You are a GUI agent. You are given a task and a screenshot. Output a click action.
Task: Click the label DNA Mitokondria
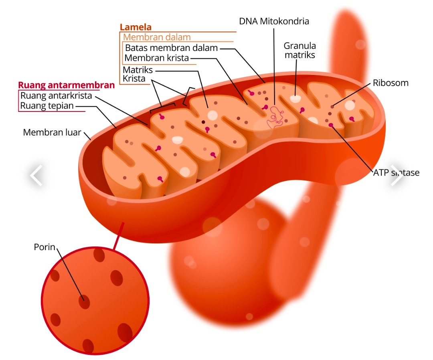click(x=274, y=21)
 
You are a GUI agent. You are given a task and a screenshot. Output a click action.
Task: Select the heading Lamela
click(x=136, y=28)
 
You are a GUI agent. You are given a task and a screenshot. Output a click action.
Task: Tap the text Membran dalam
click(x=157, y=37)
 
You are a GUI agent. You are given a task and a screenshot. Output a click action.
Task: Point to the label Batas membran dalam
click(x=171, y=48)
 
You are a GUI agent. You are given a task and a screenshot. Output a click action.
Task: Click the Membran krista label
click(x=156, y=58)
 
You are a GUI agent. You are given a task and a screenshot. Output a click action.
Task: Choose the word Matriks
click(x=138, y=70)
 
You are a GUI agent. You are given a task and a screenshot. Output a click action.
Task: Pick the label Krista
click(x=134, y=79)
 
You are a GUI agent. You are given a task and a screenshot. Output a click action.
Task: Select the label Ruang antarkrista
click(x=57, y=96)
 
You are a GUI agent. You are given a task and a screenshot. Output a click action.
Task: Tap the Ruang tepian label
click(x=47, y=106)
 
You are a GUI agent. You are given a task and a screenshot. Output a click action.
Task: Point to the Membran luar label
click(x=52, y=132)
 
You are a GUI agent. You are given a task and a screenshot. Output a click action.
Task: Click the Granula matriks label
click(x=299, y=50)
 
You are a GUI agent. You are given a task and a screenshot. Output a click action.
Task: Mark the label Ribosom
click(x=391, y=83)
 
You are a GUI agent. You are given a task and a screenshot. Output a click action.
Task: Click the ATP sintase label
click(x=396, y=173)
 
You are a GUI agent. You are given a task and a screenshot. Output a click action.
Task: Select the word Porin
click(x=44, y=247)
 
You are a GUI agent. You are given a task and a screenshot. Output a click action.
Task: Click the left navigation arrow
click(x=36, y=176)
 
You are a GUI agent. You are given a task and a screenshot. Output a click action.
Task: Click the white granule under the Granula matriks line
click(x=295, y=98)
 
